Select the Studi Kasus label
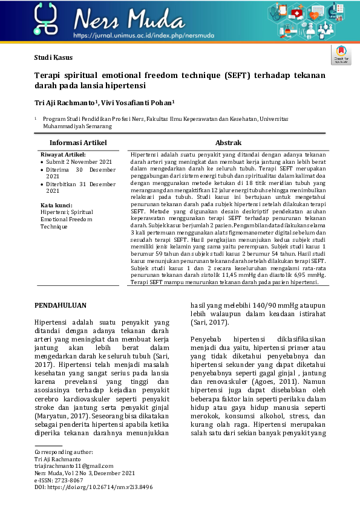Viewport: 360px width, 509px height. click(53, 57)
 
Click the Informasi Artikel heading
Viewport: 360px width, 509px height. click(78, 143)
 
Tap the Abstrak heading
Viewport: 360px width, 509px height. click(229, 143)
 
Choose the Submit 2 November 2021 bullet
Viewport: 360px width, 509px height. click(79, 162)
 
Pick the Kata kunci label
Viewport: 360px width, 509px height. click(56, 206)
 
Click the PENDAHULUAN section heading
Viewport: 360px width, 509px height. click(61, 306)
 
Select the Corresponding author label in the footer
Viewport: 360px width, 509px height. click(64, 452)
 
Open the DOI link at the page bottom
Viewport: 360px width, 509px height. click(94, 487)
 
